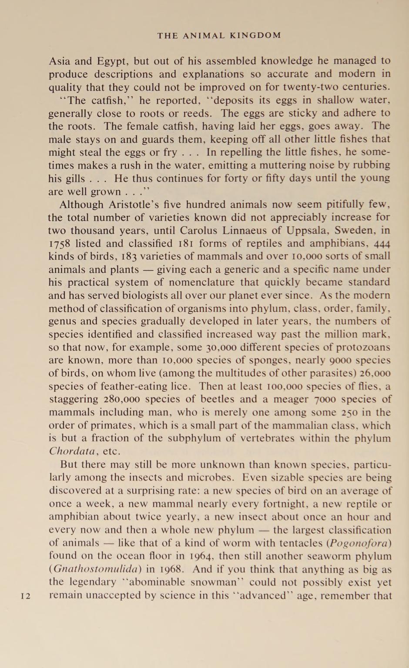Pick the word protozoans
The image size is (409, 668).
pos(363,347)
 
